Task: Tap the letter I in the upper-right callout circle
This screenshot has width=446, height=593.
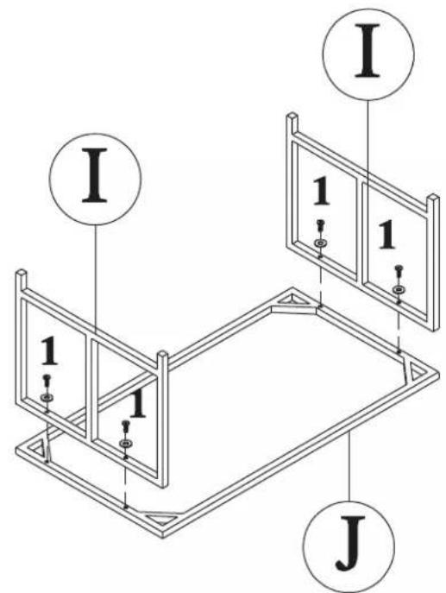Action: pyautogui.click(x=367, y=50)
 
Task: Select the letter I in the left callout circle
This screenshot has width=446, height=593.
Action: pyautogui.click(x=95, y=175)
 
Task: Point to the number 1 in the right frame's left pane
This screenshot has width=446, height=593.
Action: pyautogui.click(x=321, y=192)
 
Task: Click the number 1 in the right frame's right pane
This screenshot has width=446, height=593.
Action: pyautogui.click(x=386, y=235)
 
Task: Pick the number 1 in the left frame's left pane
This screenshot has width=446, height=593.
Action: pyautogui.click(x=49, y=351)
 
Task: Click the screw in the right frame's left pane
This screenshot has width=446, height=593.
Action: pyautogui.click(x=321, y=225)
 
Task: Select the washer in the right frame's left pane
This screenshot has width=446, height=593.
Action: pyautogui.click(x=321, y=243)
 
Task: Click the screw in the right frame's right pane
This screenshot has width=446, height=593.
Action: pyautogui.click(x=399, y=271)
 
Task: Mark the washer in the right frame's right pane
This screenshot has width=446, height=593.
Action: pyautogui.click(x=398, y=289)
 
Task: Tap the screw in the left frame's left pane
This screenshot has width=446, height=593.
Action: pyautogui.click(x=47, y=380)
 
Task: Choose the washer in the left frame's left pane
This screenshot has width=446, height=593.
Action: pyautogui.click(x=47, y=397)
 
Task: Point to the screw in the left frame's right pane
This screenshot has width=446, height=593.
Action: pyautogui.click(x=125, y=426)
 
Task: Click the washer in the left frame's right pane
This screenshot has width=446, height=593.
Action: pyautogui.click(x=125, y=443)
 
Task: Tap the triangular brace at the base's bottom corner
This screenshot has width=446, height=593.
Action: pyautogui.click(x=162, y=517)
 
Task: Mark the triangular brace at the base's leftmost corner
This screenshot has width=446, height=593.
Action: pyautogui.click(x=39, y=449)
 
